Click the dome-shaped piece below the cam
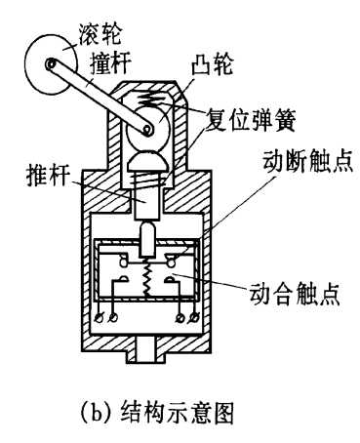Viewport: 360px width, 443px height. tap(148, 156)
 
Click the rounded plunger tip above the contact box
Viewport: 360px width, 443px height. tap(148, 235)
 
